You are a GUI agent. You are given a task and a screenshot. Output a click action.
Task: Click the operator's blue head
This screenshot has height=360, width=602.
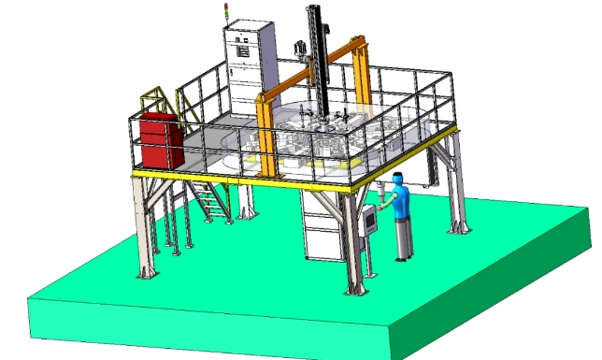coord(399,178)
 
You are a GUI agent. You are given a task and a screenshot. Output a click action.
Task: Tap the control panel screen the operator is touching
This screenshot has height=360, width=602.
coord(370,220)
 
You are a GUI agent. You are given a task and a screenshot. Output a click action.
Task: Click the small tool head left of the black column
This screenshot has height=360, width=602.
coord(300,47)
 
